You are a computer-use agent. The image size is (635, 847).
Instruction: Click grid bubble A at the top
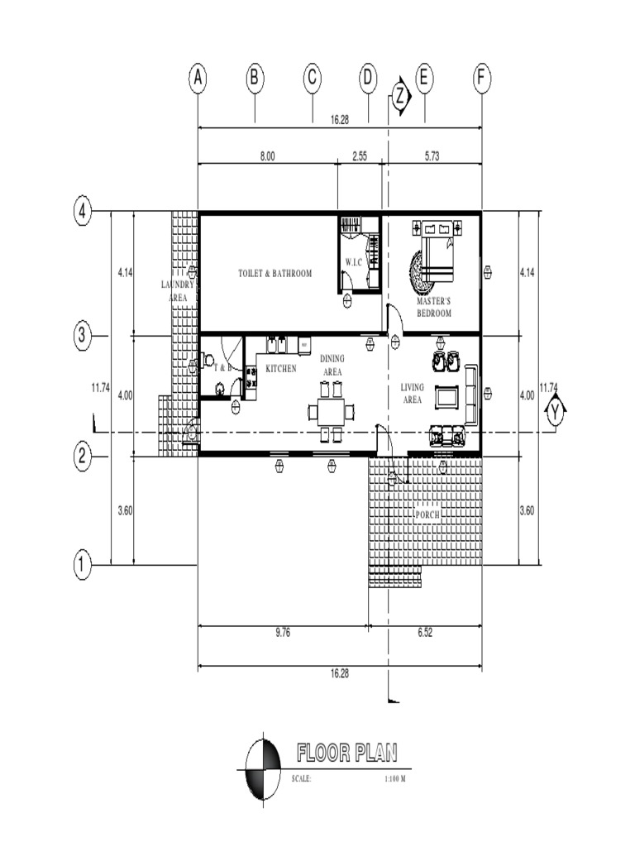[x=198, y=79]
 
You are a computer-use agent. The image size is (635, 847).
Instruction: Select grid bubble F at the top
[x=482, y=79]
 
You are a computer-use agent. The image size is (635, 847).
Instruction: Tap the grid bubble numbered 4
[x=82, y=213]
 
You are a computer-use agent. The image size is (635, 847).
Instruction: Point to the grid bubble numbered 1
[x=82, y=566]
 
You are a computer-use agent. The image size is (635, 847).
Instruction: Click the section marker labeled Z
[x=400, y=96]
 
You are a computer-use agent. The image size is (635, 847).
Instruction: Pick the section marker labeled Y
[x=555, y=411]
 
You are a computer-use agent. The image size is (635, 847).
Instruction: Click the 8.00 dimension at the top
[x=267, y=156]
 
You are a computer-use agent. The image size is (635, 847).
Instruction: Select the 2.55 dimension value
[x=360, y=156]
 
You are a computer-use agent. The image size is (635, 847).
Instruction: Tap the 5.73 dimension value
[x=432, y=156]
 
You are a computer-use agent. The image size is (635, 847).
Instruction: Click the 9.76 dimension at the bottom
[x=282, y=633]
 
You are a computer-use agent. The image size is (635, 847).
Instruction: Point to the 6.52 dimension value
[x=425, y=633]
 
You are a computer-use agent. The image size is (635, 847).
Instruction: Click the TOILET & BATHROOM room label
[x=275, y=273]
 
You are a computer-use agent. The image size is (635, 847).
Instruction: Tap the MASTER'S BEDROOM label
[x=433, y=309]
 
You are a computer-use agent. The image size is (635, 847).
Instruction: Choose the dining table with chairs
[x=331, y=410]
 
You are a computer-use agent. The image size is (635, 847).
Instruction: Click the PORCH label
[x=427, y=514]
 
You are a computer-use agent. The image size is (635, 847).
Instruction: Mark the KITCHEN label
[x=281, y=368]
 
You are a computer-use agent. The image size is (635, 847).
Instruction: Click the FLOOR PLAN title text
[x=346, y=753]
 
